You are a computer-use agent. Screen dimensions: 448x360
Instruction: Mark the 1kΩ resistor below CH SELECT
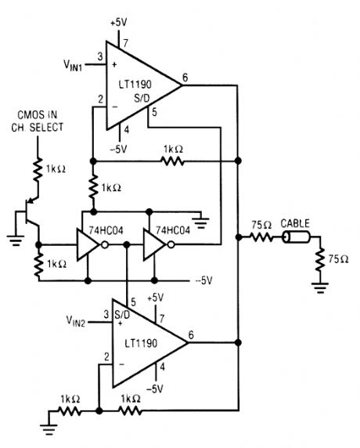(x=35, y=166)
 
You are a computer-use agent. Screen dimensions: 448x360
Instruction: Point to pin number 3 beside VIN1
(x=100, y=56)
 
